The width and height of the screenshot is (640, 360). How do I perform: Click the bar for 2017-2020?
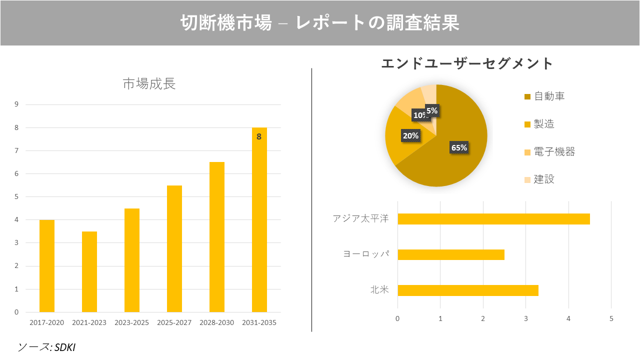pyautogui.click(x=47, y=265)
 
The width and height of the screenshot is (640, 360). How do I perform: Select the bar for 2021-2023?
pyautogui.click(x=89, y=271)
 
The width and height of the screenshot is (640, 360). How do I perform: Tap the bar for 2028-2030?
pyautogui.click(x=217, y=237)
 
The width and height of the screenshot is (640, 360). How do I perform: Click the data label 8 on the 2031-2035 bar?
pyautogui.click(x=259, y=136)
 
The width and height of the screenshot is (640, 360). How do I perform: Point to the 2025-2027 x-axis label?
pyautogui.click(x=174, y=322)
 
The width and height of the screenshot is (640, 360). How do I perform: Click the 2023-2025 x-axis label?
pyautogui.click(x=131, y=322)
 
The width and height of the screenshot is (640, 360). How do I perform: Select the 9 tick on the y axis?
pyautogui.click(x=16, y=104)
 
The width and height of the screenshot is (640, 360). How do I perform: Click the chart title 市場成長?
pyautogui.click(x=149, y=84)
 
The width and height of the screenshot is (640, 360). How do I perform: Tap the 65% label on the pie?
pyautogui.click(x=459, y=147)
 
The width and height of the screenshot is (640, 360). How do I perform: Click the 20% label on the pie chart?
pyautogui.click(x=411, y=135)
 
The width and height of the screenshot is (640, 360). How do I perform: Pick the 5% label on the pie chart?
pyautogui.click(x=432, y=111)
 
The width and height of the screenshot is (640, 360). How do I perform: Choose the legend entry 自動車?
pyautogui.click(x=549, y=96)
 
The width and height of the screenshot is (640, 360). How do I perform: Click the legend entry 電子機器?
pyautogui.click(x=554, y=152)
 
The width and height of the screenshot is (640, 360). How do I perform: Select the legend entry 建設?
pyautogui.click(x=544, y=179)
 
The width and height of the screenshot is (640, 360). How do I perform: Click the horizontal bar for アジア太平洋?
pyautogui.click(x=493, y=219)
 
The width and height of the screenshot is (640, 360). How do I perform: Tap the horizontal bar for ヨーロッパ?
pyautogui.click(x=450, y=254)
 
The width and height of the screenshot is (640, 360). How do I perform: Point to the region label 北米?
pyautogui.click(x=379, y=290)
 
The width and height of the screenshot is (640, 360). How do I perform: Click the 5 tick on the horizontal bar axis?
pyautogui.click(x=611, y=318)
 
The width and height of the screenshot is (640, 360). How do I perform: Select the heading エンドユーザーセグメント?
pyautogui.click(x=467, y=63)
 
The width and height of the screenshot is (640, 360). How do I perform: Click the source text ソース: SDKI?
pyautogui.click(x=46, y=347)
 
